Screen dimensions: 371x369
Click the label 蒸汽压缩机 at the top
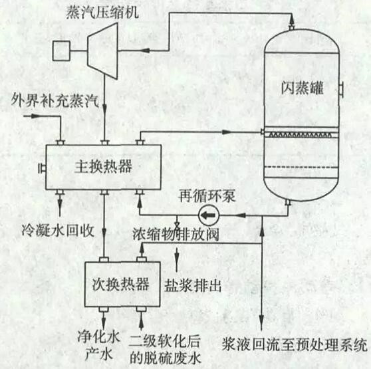coord(102,12)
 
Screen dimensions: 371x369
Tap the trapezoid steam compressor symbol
coord(102,51)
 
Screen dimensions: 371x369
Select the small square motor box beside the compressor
coord(61,51)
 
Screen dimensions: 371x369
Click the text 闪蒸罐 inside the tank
coord(302,88)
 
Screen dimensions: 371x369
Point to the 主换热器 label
coord(103,166)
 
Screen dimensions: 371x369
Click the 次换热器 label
coord(120,284)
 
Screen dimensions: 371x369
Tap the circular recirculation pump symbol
coord(209,215)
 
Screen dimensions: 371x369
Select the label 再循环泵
coord(207,196)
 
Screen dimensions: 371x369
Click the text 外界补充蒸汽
coord(55,100)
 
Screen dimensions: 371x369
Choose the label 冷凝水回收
coord(59,230)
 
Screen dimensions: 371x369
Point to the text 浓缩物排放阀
coord(176,234)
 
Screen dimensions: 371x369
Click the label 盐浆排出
coord(193,285)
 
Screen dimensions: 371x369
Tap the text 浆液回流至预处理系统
coord(295,345)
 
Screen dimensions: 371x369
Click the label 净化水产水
coord(99,346)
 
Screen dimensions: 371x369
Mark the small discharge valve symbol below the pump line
coord(177,224)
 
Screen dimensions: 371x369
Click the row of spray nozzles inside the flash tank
coord(301,135)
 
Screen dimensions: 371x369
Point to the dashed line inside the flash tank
coord(301,168)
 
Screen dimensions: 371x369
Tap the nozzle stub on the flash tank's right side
coord(341,89)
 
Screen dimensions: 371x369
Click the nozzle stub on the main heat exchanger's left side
coord(42,168)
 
